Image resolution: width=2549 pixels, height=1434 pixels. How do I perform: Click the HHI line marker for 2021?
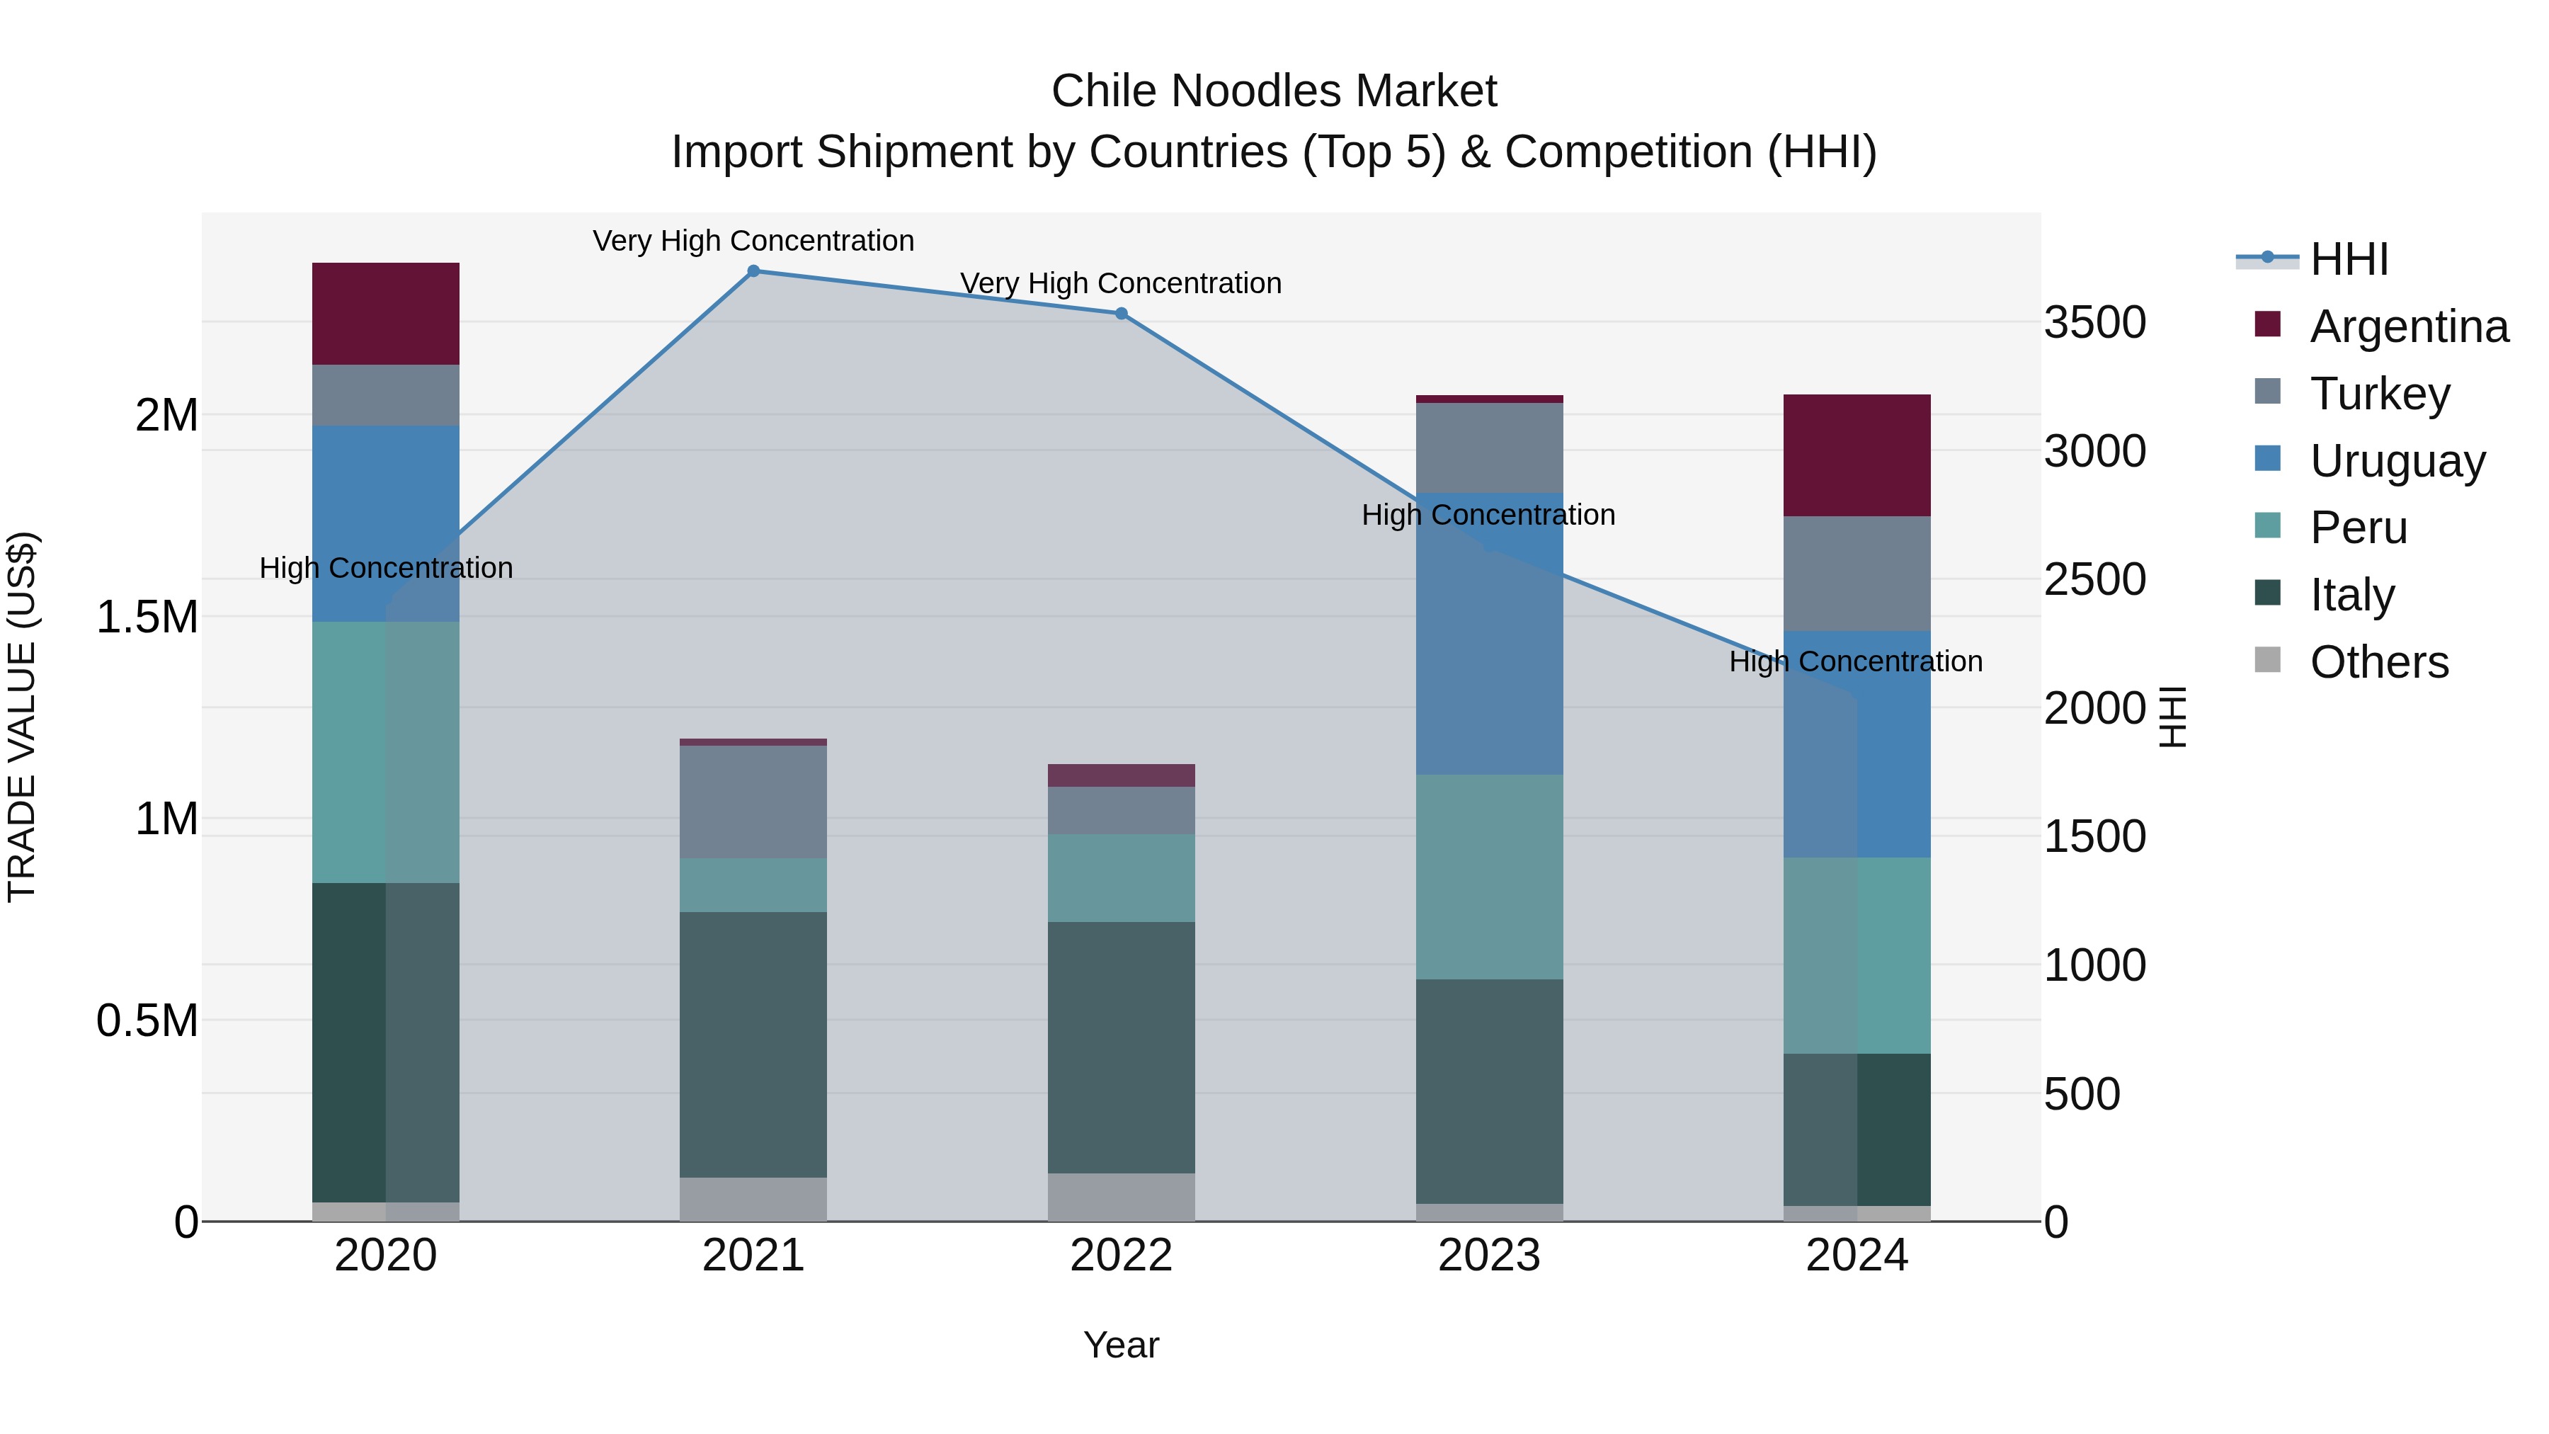(753, 271)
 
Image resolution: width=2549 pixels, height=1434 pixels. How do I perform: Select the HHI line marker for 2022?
(1121, 314)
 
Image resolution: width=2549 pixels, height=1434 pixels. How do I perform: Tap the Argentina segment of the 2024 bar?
(1857, 455)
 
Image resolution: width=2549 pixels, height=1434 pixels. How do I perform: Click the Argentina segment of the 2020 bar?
(385, 314)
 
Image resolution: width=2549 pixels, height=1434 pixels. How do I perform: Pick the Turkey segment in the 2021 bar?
(753, 802)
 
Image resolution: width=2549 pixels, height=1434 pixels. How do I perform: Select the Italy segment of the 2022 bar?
(1121, 1047)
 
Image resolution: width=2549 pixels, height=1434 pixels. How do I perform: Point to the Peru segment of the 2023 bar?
(1489, 877)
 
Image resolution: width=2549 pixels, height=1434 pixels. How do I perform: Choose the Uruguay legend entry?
(2397, 461)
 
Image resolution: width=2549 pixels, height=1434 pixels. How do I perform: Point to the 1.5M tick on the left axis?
(147, 618)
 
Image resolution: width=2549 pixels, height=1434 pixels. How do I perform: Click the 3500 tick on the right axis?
(2095, 323)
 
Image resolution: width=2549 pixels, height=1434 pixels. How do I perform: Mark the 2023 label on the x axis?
(1489, 1256)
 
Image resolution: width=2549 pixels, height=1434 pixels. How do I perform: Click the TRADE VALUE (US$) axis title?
(22, 717)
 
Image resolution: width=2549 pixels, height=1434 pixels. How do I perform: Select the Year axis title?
(1121, 1345)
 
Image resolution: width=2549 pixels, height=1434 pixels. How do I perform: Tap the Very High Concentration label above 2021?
(753, 241)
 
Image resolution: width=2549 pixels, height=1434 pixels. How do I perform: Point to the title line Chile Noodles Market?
(1274, 91)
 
